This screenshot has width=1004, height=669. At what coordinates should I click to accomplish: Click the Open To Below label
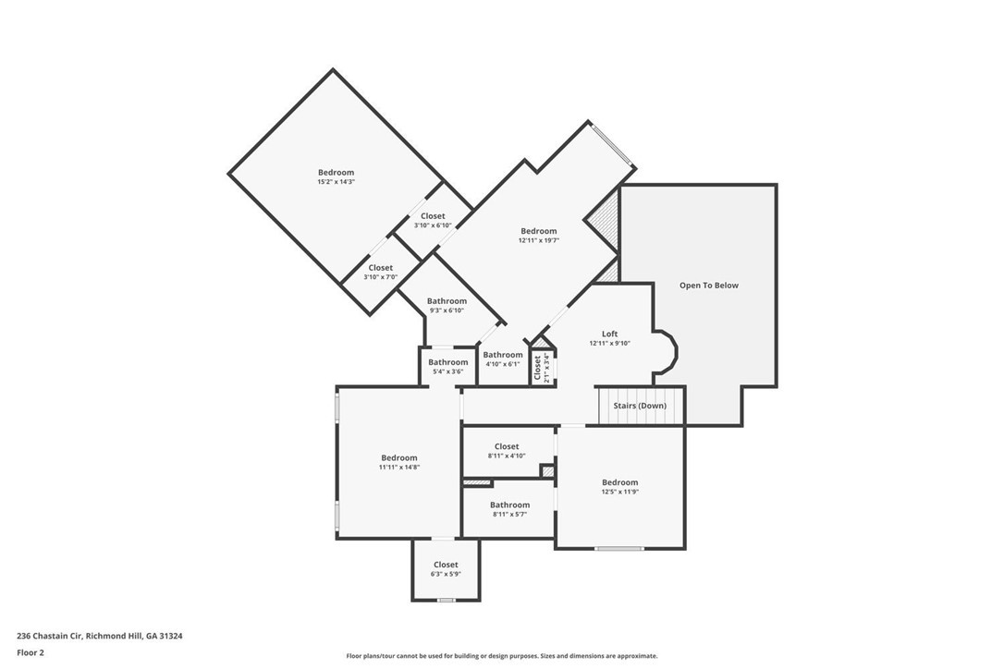pyautogui.click(x=709, y=286)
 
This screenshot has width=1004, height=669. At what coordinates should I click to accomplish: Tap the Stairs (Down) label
pyautogui.click(x=640, y=406)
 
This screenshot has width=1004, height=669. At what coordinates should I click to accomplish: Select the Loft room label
pyautogui.click(x=609, y=334)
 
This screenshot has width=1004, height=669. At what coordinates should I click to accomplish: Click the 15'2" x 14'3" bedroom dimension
pyautogui.click(x=336, y=182)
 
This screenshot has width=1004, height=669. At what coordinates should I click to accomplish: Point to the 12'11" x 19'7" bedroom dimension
pyautogui.click(x=538, y=240)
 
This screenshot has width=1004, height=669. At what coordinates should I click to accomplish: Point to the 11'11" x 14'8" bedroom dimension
pyautogui.click(x=398, y=468)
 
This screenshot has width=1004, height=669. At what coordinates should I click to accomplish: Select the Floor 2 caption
pyautogui.click(x=31, y=652)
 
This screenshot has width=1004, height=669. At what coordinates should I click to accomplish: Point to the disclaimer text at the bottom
pyautogui.click(x=502, y=656)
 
